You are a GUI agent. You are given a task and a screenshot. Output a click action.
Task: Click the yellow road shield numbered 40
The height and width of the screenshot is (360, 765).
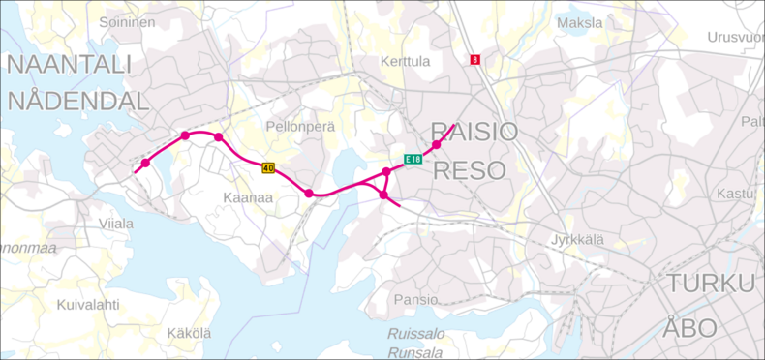268,168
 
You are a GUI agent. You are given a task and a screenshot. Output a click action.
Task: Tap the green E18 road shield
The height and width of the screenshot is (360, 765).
413,160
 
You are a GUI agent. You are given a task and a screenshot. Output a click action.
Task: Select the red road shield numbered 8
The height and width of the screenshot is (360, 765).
475,60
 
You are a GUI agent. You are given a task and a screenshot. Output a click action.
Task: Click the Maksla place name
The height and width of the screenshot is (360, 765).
579,21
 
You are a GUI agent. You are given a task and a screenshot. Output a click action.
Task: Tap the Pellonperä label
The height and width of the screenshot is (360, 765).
300,127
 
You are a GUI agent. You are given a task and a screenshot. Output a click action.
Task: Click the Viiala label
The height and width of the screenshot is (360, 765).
116,224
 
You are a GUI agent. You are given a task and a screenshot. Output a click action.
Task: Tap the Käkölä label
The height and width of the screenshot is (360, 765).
189,334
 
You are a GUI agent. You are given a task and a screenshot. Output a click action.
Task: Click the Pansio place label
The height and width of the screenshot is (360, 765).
415,300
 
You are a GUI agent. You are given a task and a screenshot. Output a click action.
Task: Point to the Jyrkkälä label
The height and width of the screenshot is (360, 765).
577,238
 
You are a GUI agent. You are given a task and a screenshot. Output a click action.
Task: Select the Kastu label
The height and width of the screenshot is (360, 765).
735,194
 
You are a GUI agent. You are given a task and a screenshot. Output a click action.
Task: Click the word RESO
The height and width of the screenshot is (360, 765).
470,171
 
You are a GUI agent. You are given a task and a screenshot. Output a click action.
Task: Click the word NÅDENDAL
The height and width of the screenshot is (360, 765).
78,102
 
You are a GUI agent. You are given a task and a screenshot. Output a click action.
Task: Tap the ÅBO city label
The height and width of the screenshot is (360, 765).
690,327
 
